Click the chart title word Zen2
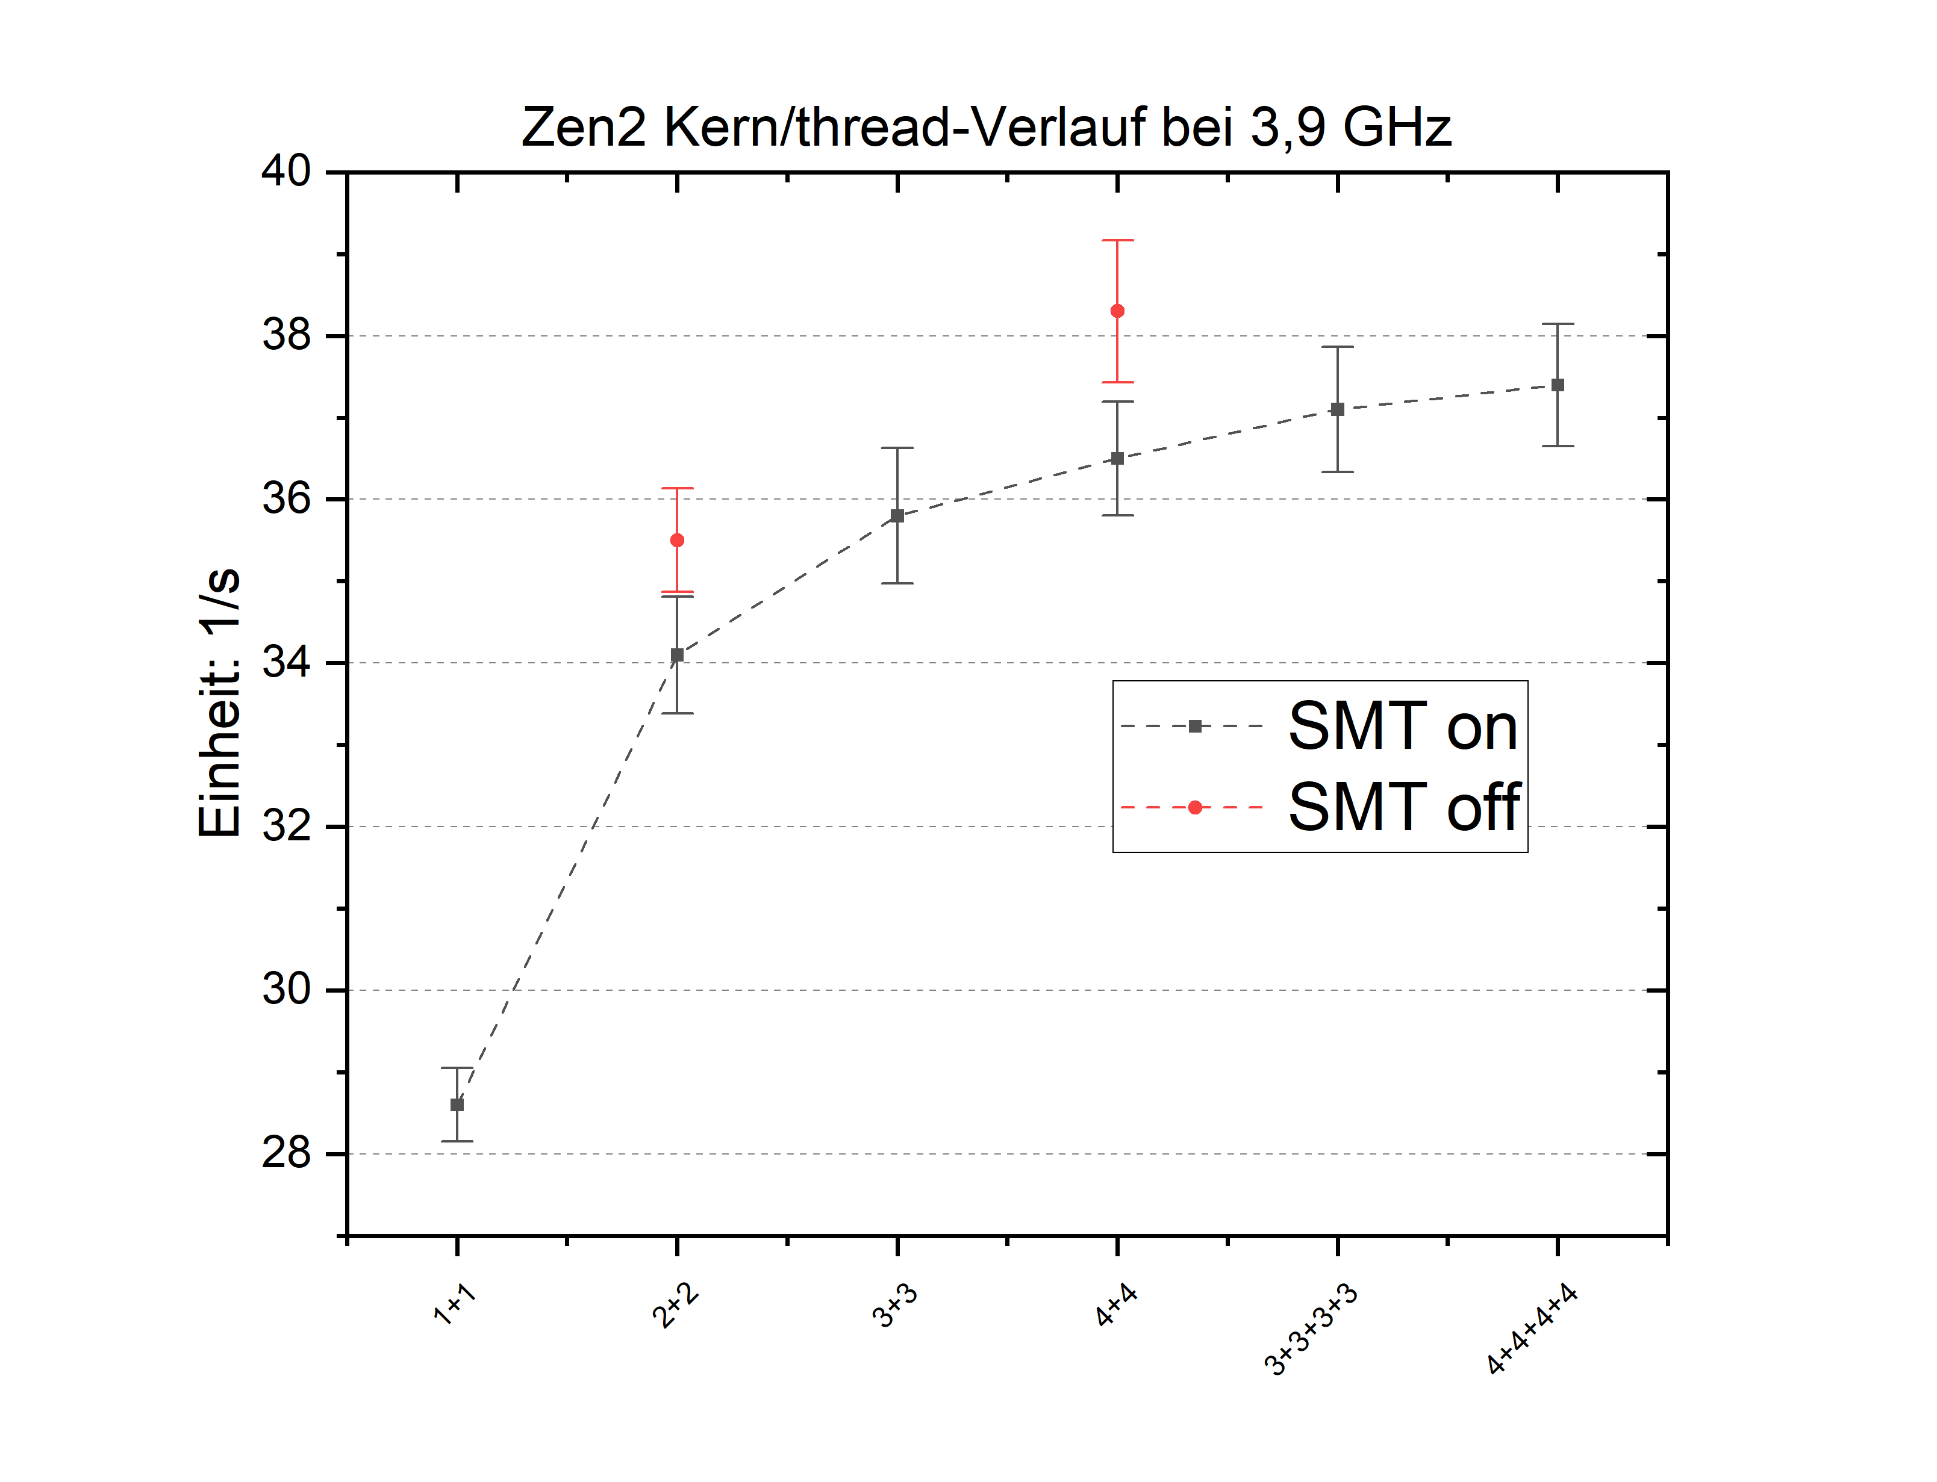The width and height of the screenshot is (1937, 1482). click(x=583, y=128)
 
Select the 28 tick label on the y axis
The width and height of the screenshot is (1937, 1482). click(x=286, y=1153)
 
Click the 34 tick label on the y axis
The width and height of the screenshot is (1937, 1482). click(x=286, y=663)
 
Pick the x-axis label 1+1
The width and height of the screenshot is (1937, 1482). click(x=455, y=1304)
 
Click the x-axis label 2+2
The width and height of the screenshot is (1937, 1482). click(x=675, y=1306)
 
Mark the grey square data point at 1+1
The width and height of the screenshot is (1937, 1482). click(x=457, y=1105)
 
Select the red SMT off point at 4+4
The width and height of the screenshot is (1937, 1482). click(x=1117, y=311)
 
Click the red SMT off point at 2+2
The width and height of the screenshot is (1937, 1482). click(x=677, y=540)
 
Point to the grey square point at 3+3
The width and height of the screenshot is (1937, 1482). click(x=897, y=516)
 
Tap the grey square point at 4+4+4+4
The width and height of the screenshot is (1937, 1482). click(x=1558, y=385)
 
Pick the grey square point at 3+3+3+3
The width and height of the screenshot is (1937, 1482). click(x=1337, y=409)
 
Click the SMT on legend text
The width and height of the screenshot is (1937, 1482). click(x=1402, y=726)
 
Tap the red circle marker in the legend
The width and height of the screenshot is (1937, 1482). click(x=1195, y=807)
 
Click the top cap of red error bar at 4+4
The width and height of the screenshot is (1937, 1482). click(x=1117, y=240)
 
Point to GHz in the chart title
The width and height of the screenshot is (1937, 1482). click(x=1396, y=128)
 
